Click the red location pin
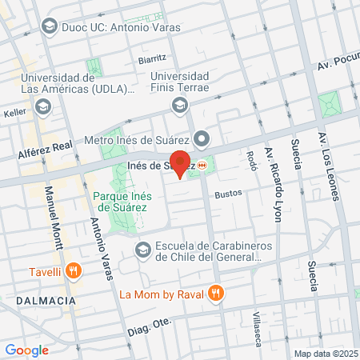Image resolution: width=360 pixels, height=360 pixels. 181,163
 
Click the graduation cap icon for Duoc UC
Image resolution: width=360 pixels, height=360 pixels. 50,26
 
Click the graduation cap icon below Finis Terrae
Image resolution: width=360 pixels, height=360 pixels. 181,104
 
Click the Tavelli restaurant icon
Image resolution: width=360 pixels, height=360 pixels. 74,270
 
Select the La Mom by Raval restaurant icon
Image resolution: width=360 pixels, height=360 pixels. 215,294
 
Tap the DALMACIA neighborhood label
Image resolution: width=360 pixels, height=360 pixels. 46,300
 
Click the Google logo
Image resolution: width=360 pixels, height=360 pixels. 27,350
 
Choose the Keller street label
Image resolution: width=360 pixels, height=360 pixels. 15,114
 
